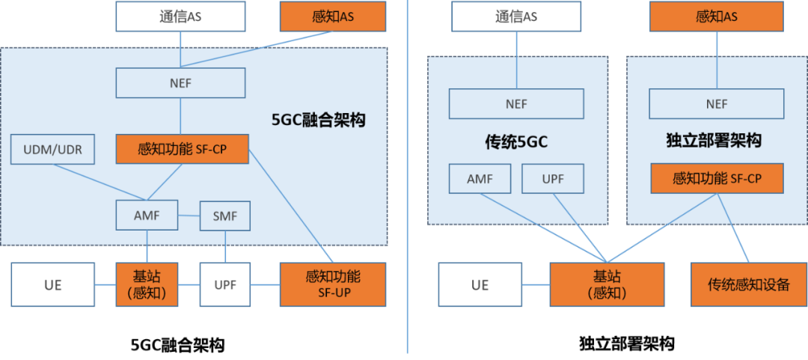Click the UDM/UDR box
(x=52, y=150)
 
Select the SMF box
(x=224, y=216)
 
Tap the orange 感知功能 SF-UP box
(x=333, y=284)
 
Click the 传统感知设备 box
(x=748, y=284)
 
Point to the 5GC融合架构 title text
(x=319, y=120)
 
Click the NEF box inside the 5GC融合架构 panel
(x=180, y=83)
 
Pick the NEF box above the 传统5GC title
(x=517, y=104)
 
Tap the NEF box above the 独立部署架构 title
(x=716, y=104)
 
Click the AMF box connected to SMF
(x=147, y=216)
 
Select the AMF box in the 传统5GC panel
(x=480, y=179)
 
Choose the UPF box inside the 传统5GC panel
(x=552, y=179)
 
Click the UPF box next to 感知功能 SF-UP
(x=225, y=284)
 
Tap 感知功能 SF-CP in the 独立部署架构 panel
(x=717, y=179)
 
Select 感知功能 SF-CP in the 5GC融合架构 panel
(x=182, y=150)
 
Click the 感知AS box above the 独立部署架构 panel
(x=716, y=16)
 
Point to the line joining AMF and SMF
(x=189, y=216)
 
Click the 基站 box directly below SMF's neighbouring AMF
(x=147, y=284)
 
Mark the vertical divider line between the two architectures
(x=407, y=180)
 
